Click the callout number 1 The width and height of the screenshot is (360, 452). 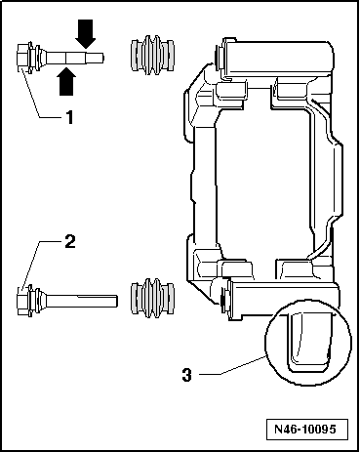[x=69, y=117]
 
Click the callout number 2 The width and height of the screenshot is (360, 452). [x=70, y=242]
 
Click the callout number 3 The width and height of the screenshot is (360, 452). [x=187, y=375]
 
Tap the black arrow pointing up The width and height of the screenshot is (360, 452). [x=67, y=81]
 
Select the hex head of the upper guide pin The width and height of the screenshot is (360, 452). [x=21, y=58]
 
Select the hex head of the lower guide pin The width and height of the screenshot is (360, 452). [x=21, y=300]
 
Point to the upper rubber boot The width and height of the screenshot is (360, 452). [x=152, y=56]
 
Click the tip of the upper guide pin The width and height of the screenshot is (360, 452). [x=103, y=58]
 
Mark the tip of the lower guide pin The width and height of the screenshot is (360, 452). [x=116, y=301]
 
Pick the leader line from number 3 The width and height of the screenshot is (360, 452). [x=232, y=366]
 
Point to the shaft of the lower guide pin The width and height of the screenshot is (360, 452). [x=81, y=301]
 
